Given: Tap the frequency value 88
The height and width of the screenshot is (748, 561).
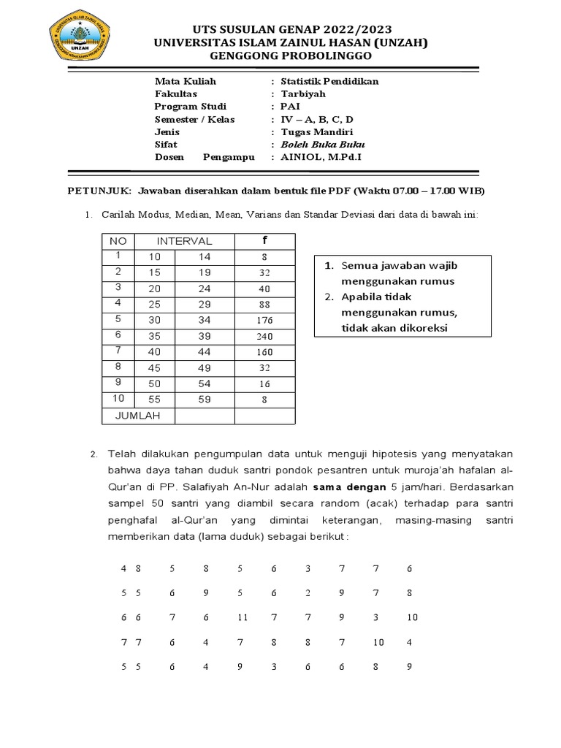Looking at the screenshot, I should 264,304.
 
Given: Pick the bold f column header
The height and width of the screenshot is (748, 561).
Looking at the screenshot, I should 264,240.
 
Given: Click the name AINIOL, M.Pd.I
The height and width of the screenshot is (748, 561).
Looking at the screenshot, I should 317,157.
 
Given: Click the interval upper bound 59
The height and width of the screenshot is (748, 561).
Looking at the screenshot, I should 205,399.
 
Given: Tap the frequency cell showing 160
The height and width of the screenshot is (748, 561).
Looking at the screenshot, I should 264,351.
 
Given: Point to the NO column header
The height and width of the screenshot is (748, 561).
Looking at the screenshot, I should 118,241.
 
